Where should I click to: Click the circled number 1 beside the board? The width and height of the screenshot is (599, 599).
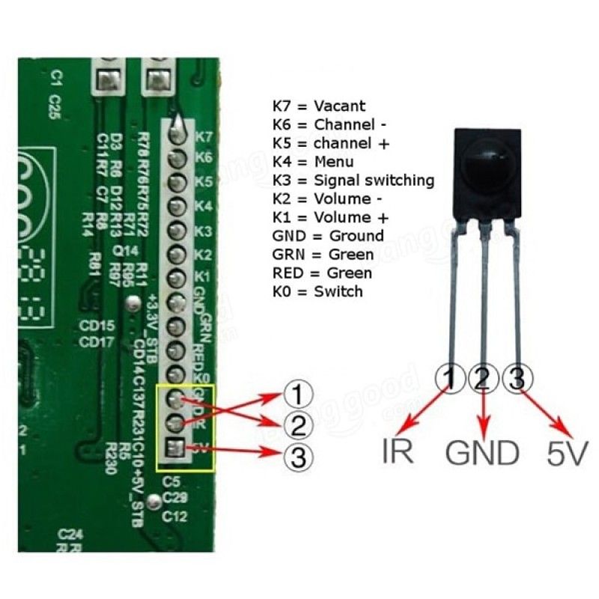pos(297,395)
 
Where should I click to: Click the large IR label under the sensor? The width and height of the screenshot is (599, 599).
pos(397,453)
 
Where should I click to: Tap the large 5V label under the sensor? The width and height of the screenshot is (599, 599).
pos(568,453)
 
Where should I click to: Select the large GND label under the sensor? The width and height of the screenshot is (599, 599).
pos(483,453)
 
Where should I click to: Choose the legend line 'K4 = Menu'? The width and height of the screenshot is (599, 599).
pos(314,161)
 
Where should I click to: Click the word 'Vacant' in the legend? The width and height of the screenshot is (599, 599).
pos(340,106)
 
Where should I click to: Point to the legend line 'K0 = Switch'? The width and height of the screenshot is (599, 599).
pos(317,291)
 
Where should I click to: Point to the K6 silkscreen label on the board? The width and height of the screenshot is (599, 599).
pos(204,158)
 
